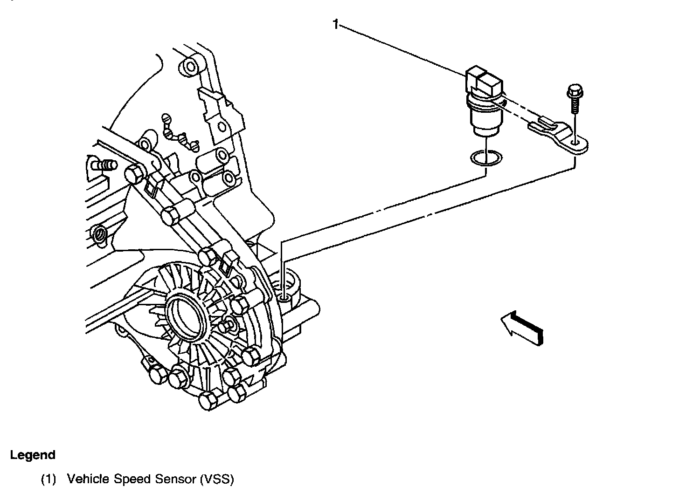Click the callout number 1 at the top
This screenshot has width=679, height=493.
tap(335, 24)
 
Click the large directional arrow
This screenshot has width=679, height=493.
tap(522, 328)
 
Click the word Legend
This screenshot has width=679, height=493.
tap(33, 455)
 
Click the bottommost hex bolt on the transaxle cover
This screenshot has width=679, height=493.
tap(208, 400)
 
